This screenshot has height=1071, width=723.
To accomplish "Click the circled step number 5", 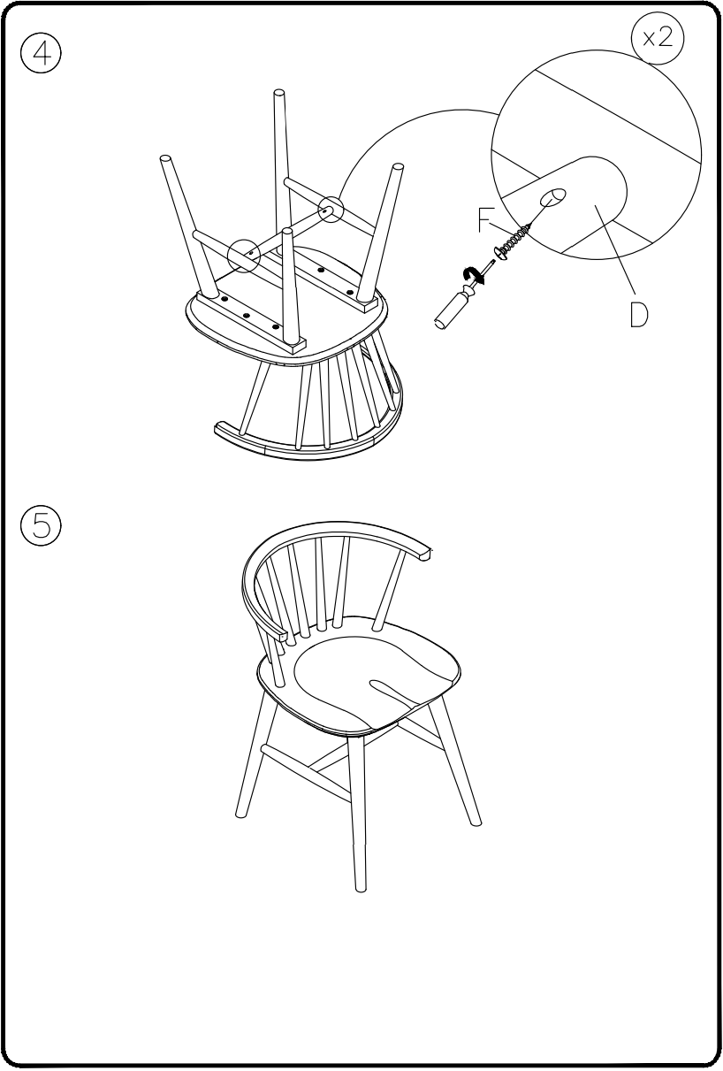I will (x=42, y=524).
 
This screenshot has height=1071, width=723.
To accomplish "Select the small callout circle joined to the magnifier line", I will (x=330, y=210).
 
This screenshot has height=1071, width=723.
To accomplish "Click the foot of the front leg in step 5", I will (x=359, y=884).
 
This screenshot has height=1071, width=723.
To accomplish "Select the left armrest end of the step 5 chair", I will (x=281, y=634).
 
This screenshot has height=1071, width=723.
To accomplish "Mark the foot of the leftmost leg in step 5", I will (x=240, y=811).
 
